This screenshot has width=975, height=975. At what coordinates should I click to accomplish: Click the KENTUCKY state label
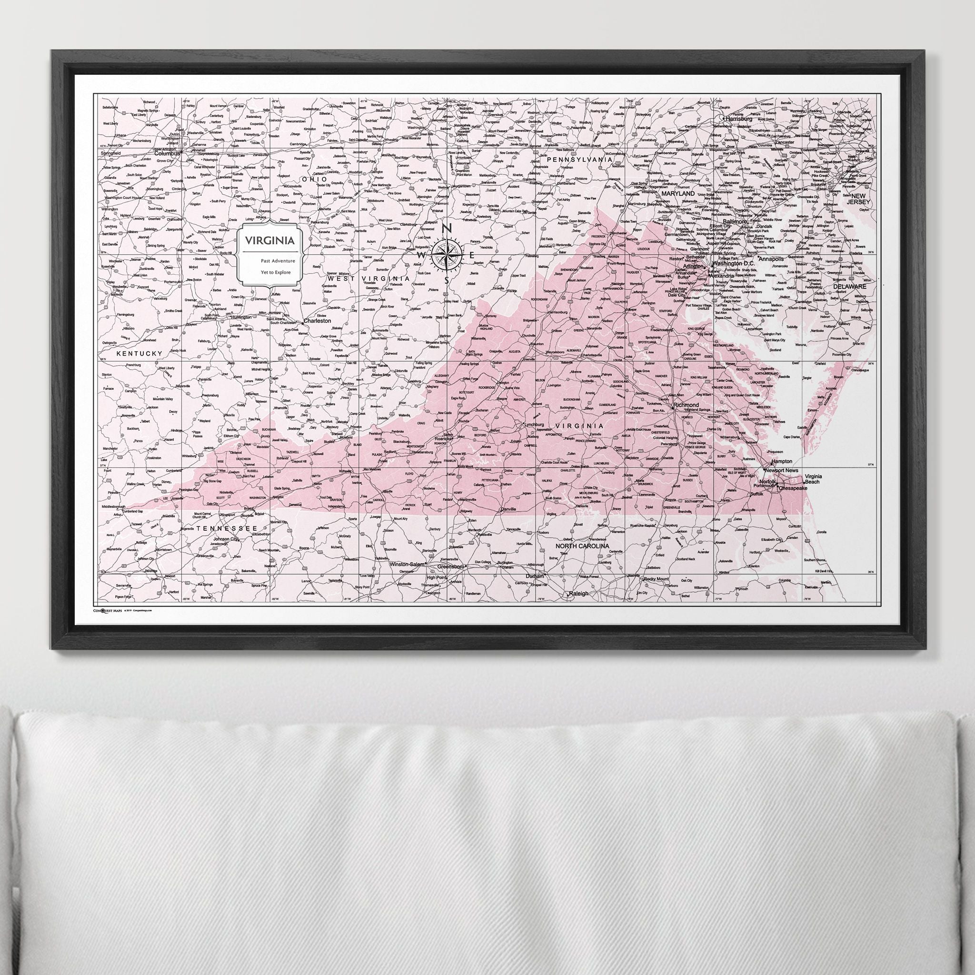coord(139,354)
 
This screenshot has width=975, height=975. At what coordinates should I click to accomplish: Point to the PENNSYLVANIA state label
coord(580,159)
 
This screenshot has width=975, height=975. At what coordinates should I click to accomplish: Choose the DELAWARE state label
coord(849,286)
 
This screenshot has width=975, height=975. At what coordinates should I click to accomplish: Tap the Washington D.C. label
coord(734,263)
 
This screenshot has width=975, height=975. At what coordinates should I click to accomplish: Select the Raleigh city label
coord(578,594)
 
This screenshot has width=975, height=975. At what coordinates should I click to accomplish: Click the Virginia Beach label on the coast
coord(814,479)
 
